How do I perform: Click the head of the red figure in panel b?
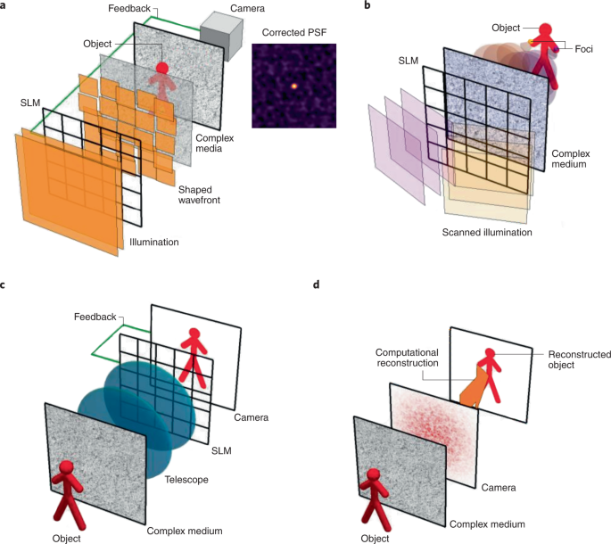point(543,28)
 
